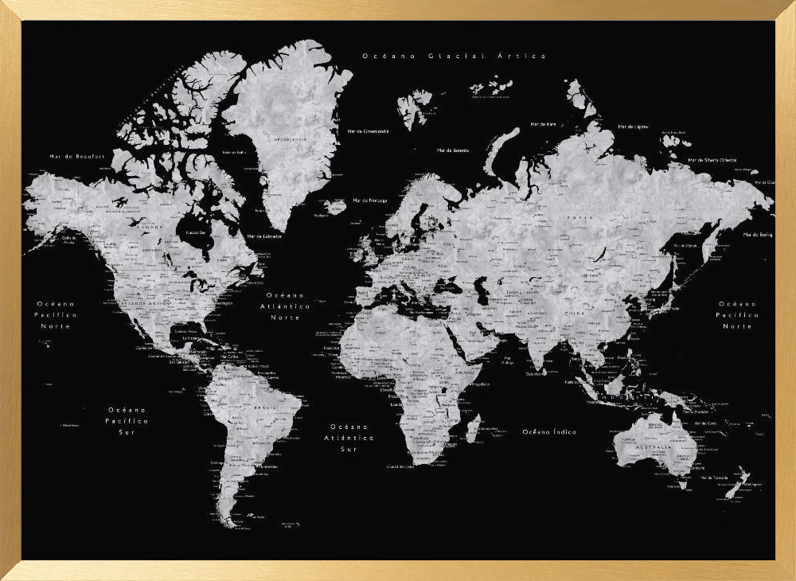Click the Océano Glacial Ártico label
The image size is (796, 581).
click(454, 56)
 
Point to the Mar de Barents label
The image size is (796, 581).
click(452, 150)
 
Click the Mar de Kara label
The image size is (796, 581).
click(543, 124)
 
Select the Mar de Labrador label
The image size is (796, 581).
click(263, 236)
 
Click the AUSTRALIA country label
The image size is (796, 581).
click(655, 448)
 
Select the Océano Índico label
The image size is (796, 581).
click(549, 431)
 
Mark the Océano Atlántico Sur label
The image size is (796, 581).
click(352, 438)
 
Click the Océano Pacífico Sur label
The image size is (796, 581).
click(127, 419)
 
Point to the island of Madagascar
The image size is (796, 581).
click(471, 429)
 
